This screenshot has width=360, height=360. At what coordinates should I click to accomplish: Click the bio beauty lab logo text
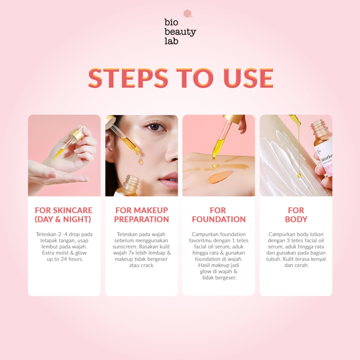point(180,31)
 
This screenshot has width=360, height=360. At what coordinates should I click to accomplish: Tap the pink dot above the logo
point(187,14)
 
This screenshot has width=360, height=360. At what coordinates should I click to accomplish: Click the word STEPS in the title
point(128,78)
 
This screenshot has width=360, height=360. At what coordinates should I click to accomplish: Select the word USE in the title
point(248,78)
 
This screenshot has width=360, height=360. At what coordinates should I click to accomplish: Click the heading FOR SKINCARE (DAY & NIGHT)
point(63,215)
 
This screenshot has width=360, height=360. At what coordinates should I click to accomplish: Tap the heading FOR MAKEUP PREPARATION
point(141,215)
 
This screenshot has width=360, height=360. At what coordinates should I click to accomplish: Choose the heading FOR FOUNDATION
point(219,215)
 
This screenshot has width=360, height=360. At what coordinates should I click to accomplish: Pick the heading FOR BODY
point(296,215)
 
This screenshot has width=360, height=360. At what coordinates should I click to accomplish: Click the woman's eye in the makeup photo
point(155,127)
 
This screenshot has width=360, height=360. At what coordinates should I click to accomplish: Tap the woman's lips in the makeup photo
point(169,180)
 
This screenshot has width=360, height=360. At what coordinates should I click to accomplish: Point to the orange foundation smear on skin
point(220,176)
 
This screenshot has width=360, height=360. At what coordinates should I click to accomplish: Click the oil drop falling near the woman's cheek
point(140,160)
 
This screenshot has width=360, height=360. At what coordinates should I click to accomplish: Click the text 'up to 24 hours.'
point(65,259)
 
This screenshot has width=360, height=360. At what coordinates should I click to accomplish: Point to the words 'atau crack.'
point(142,265)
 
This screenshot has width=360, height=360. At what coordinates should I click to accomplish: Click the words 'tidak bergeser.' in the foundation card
point(219,278)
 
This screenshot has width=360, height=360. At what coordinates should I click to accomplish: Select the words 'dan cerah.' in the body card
point(297,265)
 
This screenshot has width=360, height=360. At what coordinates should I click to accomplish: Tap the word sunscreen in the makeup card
point(125,246)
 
